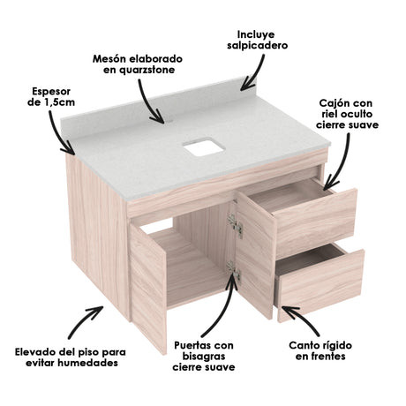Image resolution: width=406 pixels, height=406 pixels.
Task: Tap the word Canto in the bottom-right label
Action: click(x=305, y=343)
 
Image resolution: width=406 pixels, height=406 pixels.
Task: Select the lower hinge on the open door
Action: click(x=232, y=268)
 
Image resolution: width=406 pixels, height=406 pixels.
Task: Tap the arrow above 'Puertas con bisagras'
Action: click(x=224, y=304)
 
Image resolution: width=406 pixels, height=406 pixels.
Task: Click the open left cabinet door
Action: click(x=148, y=287)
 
